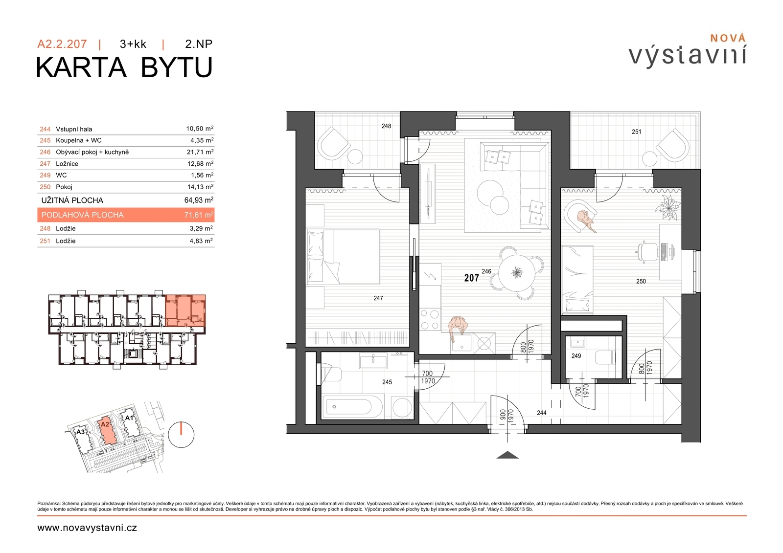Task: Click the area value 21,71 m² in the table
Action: (200, 152)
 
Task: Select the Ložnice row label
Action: (67, 163)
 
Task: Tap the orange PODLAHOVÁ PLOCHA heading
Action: (83, 215)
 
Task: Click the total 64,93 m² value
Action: (199, 200)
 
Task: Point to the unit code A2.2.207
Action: (62, 44)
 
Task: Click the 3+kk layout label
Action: (133, 44)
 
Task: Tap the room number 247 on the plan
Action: (378, 298)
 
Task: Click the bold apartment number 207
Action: (472, 278)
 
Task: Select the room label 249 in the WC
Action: (576, 355)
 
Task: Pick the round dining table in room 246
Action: (517, 273)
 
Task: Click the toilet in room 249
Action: (605, 357)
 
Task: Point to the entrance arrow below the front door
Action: (507, 455)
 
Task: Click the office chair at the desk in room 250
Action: (645, 250)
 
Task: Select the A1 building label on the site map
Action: (129, 418)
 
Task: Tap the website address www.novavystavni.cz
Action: (87, 528)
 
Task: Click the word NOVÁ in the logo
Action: (728, 38)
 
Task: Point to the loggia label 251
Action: (637, 132)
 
